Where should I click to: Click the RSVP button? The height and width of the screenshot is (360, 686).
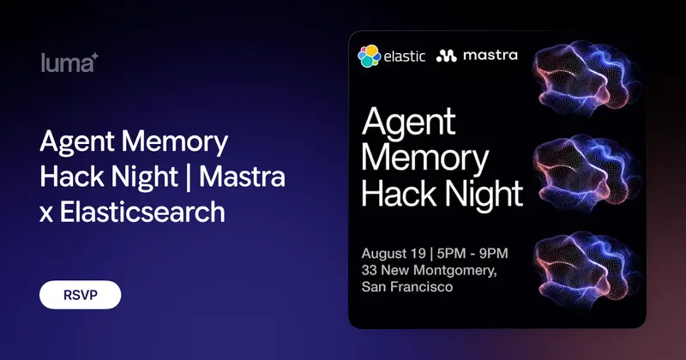(x=80, y=295)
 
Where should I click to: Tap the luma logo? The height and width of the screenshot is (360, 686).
(x=69, y=63)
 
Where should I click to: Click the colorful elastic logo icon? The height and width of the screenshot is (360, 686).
(x=370, y=56)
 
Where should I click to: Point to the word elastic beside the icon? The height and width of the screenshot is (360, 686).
(x=404, y=57)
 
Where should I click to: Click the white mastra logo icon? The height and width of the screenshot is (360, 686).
(x=446, y=56)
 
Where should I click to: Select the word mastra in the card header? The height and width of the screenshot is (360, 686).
(x=490, y=56)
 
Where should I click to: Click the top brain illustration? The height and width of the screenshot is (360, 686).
(x=587, y=78)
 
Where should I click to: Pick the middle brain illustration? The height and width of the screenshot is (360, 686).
(x=587, y=173)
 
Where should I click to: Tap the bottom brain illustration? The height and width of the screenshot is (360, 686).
(x=587, y=269)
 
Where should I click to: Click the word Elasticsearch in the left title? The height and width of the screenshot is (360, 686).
(x=142, y=213)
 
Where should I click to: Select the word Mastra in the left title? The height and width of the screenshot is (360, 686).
(x=242, y=177)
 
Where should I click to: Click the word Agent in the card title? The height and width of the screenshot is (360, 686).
(x=409, y=123)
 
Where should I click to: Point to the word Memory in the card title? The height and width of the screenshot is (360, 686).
(x=424, y=159)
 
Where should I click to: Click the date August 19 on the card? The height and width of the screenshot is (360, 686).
(x=394, y=254)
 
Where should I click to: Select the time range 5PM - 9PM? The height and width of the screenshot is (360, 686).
(x=472, y=253)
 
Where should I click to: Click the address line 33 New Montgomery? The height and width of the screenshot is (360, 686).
(x=430, y=270)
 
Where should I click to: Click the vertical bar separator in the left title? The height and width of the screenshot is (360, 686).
(x=189, y=177)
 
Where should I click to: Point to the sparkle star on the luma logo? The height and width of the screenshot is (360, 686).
(x=94, y=57)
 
